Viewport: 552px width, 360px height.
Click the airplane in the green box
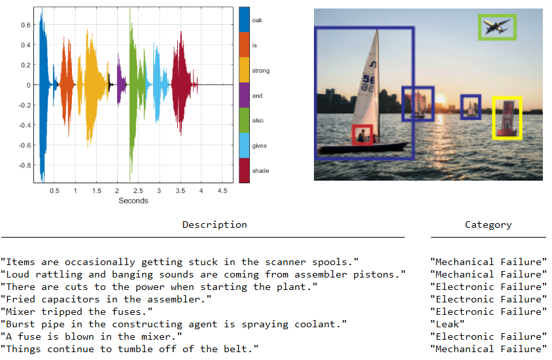[x=496, y=27]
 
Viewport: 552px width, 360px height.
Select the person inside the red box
[x=362, y=135]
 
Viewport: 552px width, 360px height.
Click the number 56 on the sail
[x=369, y=81]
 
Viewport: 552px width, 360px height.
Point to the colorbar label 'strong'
[x=260, y=71]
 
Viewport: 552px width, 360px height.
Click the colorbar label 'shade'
[x=260, y=171]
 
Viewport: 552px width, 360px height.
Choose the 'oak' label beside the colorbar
[x=257, y=20]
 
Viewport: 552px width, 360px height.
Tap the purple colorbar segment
[x=244, y=96]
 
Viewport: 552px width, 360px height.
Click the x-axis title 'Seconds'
[x=133, y=200]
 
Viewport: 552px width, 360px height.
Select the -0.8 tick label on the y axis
[x=25, y=165]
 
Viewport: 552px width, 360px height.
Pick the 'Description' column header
[x=215, y=225]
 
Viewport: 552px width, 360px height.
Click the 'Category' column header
[x=488, y=225]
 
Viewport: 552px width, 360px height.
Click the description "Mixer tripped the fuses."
[x=77, y=312]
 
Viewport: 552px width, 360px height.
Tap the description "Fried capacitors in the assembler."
[x=106, y=299]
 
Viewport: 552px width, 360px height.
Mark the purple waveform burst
[x=121, y=85]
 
